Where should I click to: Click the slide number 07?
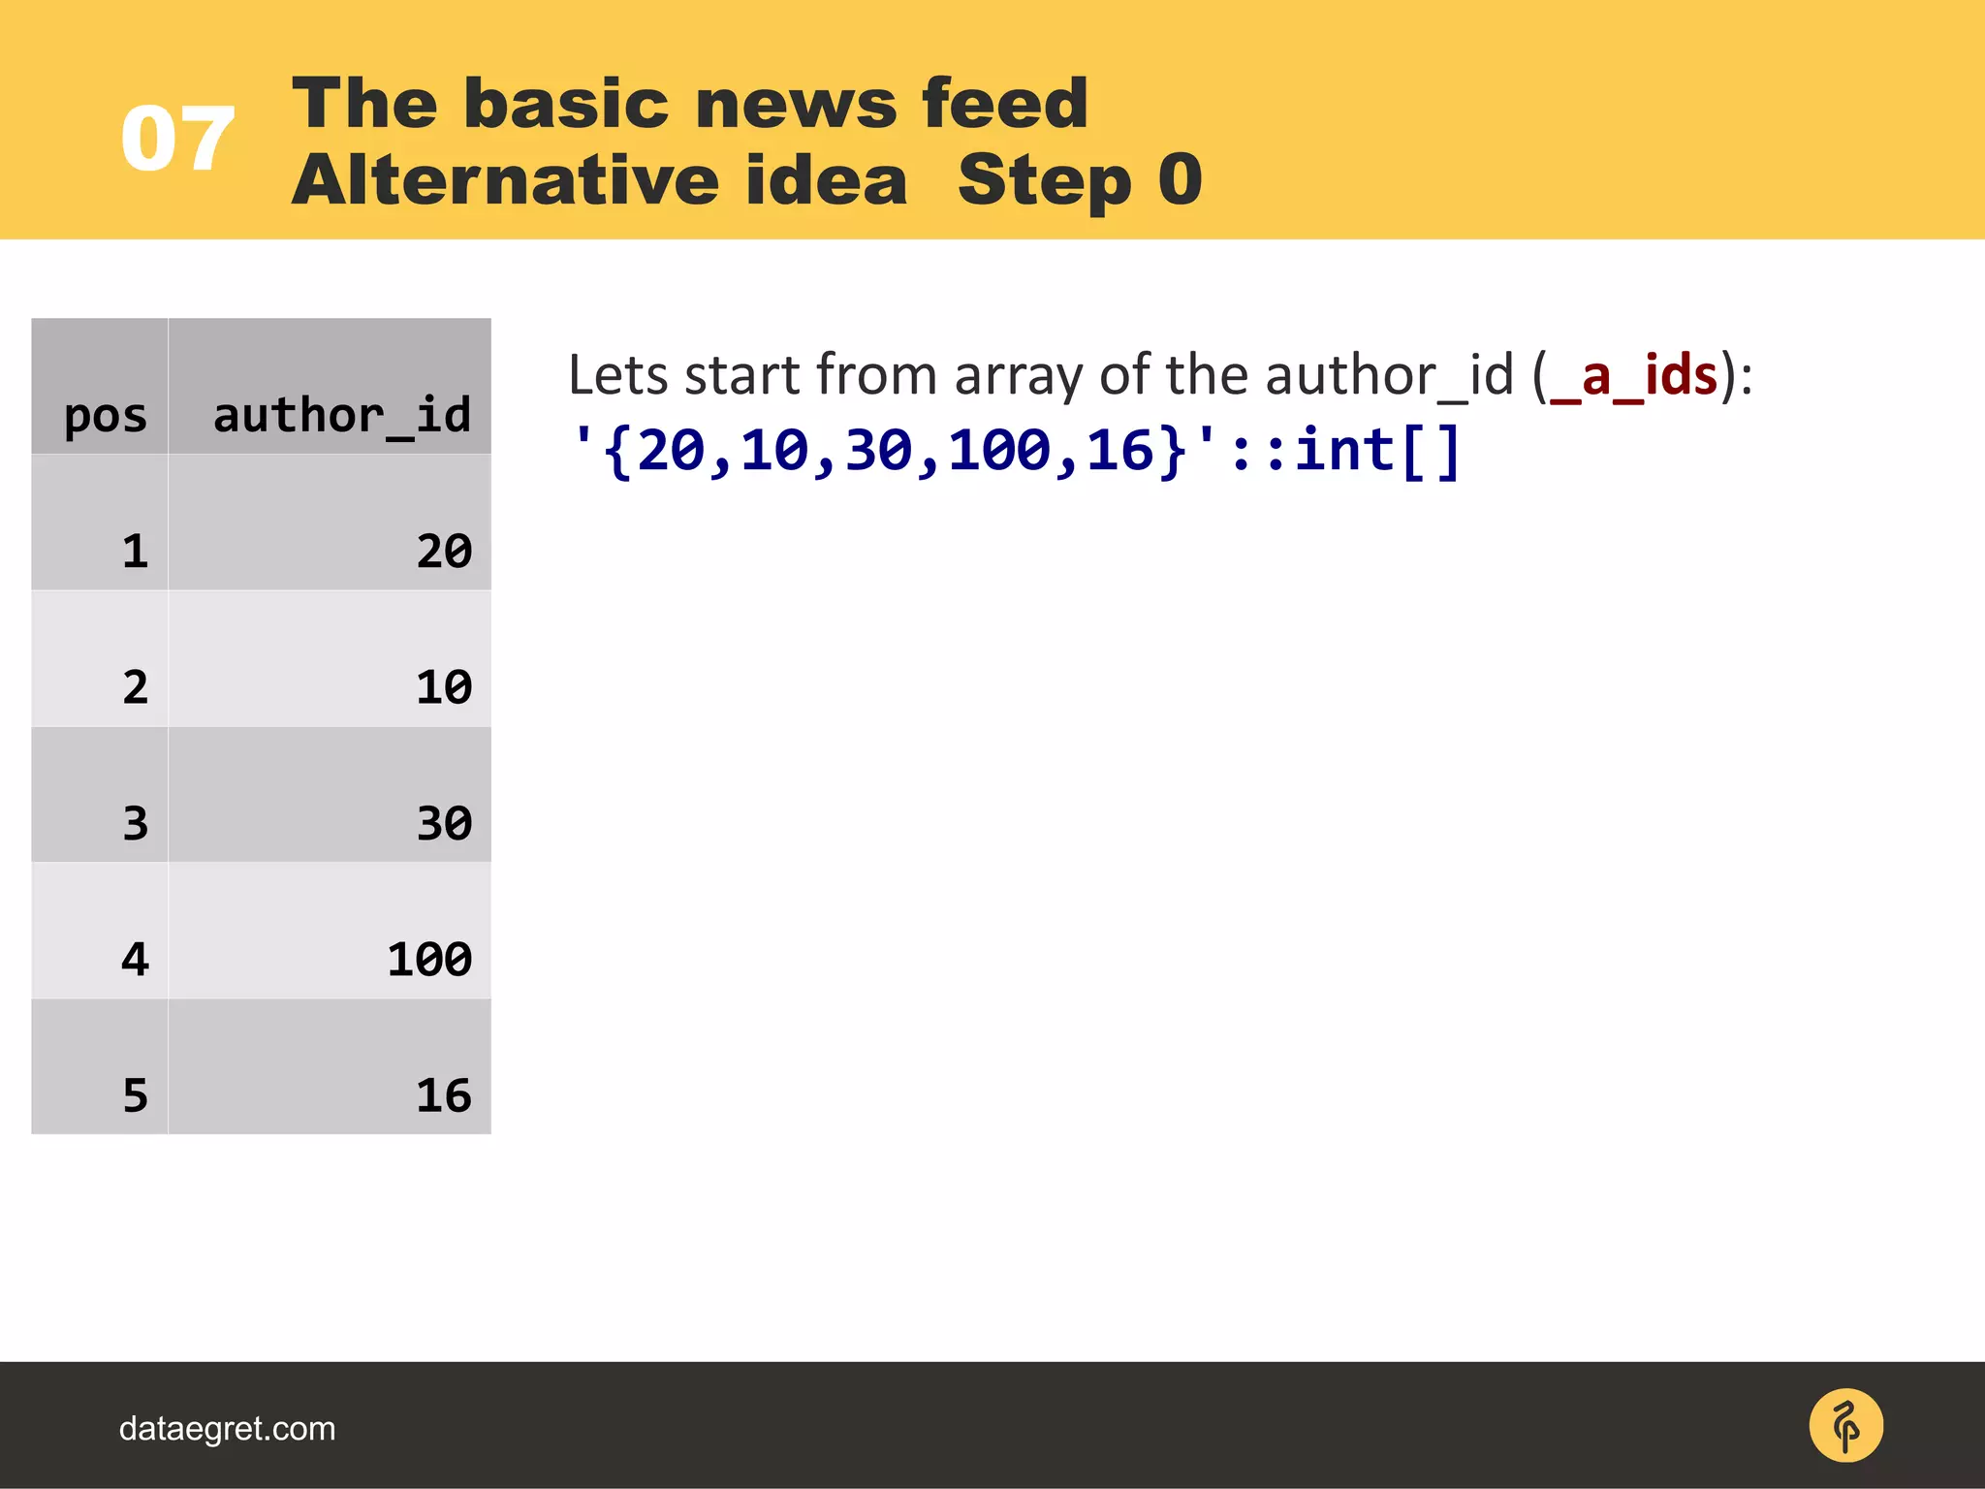point(177,139)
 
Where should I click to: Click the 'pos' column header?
point(105,416)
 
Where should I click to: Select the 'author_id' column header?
point(341,416)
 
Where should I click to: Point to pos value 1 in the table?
point(135,551)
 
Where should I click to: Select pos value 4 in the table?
point(135,960)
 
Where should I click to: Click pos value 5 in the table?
point(135,1095)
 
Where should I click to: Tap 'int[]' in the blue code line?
point(1377,451)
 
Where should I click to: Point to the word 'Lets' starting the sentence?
point(616,375)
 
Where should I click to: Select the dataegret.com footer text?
point(227,1429)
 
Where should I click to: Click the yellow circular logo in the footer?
point(1845,1426)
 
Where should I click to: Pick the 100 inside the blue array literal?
point(999,451)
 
